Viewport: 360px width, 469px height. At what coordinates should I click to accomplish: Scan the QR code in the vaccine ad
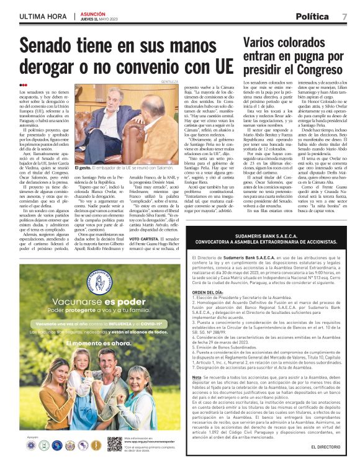pos(114,444)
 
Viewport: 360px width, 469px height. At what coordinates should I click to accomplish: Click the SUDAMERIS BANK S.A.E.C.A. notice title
pos(268,219)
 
